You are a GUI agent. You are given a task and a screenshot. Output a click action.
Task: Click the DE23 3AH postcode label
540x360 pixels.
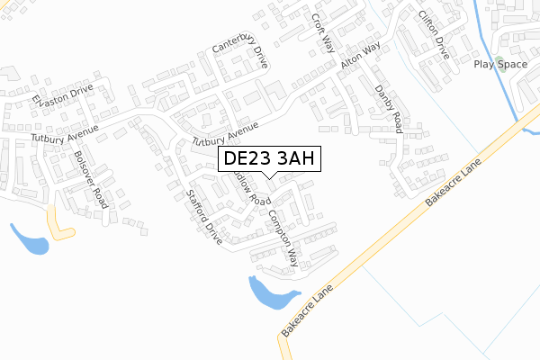pyautogui.click(x=267, y=159)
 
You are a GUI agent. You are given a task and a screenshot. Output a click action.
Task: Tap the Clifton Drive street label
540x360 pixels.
pyautogui.click(x=432, y=35)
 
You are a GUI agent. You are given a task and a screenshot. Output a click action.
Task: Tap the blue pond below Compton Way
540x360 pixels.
pyautogui.click(x=268, y=292)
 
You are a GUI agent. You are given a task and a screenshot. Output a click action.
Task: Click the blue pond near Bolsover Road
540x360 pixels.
pyautogui.click(x=30, y=239)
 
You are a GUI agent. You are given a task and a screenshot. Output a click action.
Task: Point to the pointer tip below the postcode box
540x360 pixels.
pyautogui.click(x=267, y=177)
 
